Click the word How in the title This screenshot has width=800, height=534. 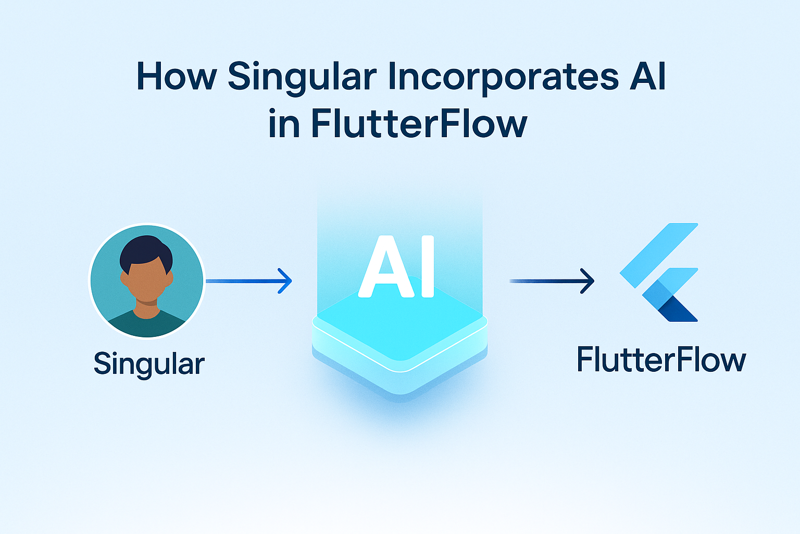point(176,77)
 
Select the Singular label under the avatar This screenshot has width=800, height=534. point(149,363)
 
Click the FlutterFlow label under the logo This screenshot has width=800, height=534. point(661,360)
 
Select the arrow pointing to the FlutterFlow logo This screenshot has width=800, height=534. point(552,281)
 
